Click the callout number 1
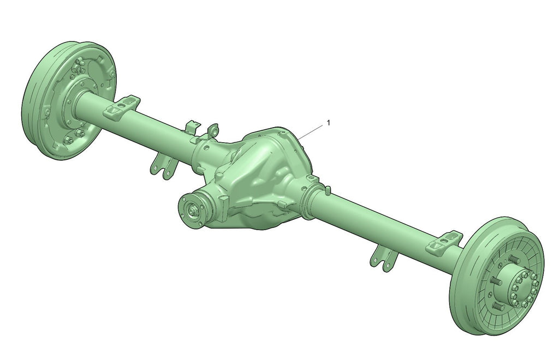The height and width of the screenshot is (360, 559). (x=329, y=123)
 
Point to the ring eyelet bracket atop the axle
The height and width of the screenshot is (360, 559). (x=213, y=131)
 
